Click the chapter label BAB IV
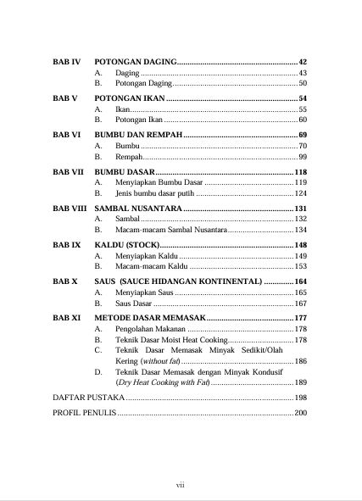(66, 63)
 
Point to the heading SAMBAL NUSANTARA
(136, 208)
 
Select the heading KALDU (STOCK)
(126, 244)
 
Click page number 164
(300, 281)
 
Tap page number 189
(300, 382)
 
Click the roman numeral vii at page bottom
(181, 484)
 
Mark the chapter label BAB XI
(66, 317)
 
